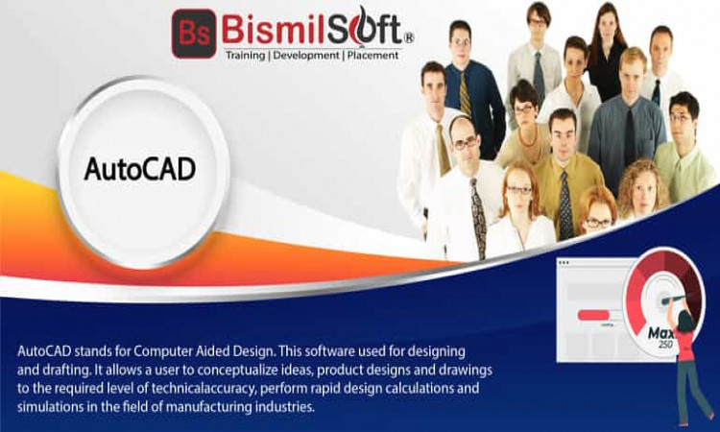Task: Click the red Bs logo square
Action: pyautogui.click(x=194, y=33)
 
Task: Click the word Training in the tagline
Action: pyautogui.click(x=245, y=56)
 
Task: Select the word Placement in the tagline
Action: pyautogui.click(x=372, y=56)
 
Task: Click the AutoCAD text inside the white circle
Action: pyautogui.click(x=140, y=169)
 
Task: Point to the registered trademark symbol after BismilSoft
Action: pyautogui.click(x=409, y=38)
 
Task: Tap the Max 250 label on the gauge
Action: pyautogui.click(x=661, y=336)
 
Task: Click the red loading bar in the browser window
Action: pyautogui.click(x=593, y=315)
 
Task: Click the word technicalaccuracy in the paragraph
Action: pyautogui.click(x=203, y=389)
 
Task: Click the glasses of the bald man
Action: pyautogui.click(x=465, y=144)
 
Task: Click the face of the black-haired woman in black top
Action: pyautogui.click(x=607, y=29)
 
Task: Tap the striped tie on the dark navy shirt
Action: pyautogui.click(x=465, y=94)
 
